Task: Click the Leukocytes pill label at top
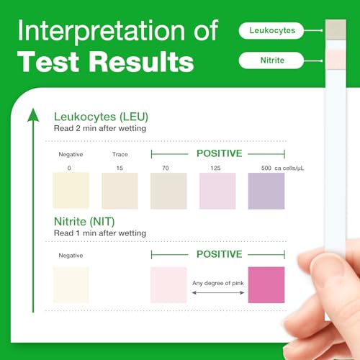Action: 271,30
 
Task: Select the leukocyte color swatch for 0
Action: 71,190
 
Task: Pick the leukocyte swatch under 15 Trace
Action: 120,190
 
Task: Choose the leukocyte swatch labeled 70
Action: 168,190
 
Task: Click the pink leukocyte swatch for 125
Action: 217,190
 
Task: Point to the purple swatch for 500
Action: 266,190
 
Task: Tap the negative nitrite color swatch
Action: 71,285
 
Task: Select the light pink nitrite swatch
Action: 168,285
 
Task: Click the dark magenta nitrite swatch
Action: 266,285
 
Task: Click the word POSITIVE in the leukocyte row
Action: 219,153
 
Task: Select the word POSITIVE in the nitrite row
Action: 219,253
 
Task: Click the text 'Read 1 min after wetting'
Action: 100,233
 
